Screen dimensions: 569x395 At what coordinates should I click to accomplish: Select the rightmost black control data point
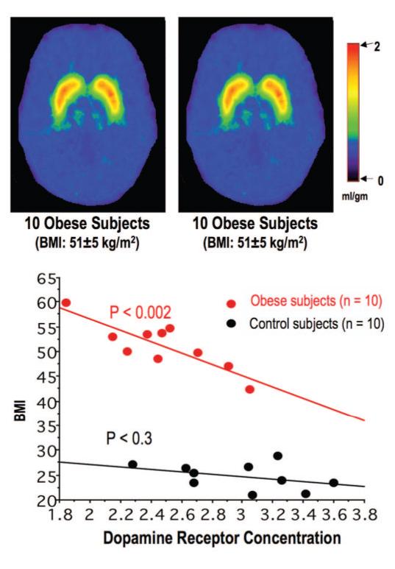[x=333, y=483]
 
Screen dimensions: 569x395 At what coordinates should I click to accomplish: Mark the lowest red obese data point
[x=250, y=389]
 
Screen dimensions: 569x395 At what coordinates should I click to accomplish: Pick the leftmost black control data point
[x=132, y=464]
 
